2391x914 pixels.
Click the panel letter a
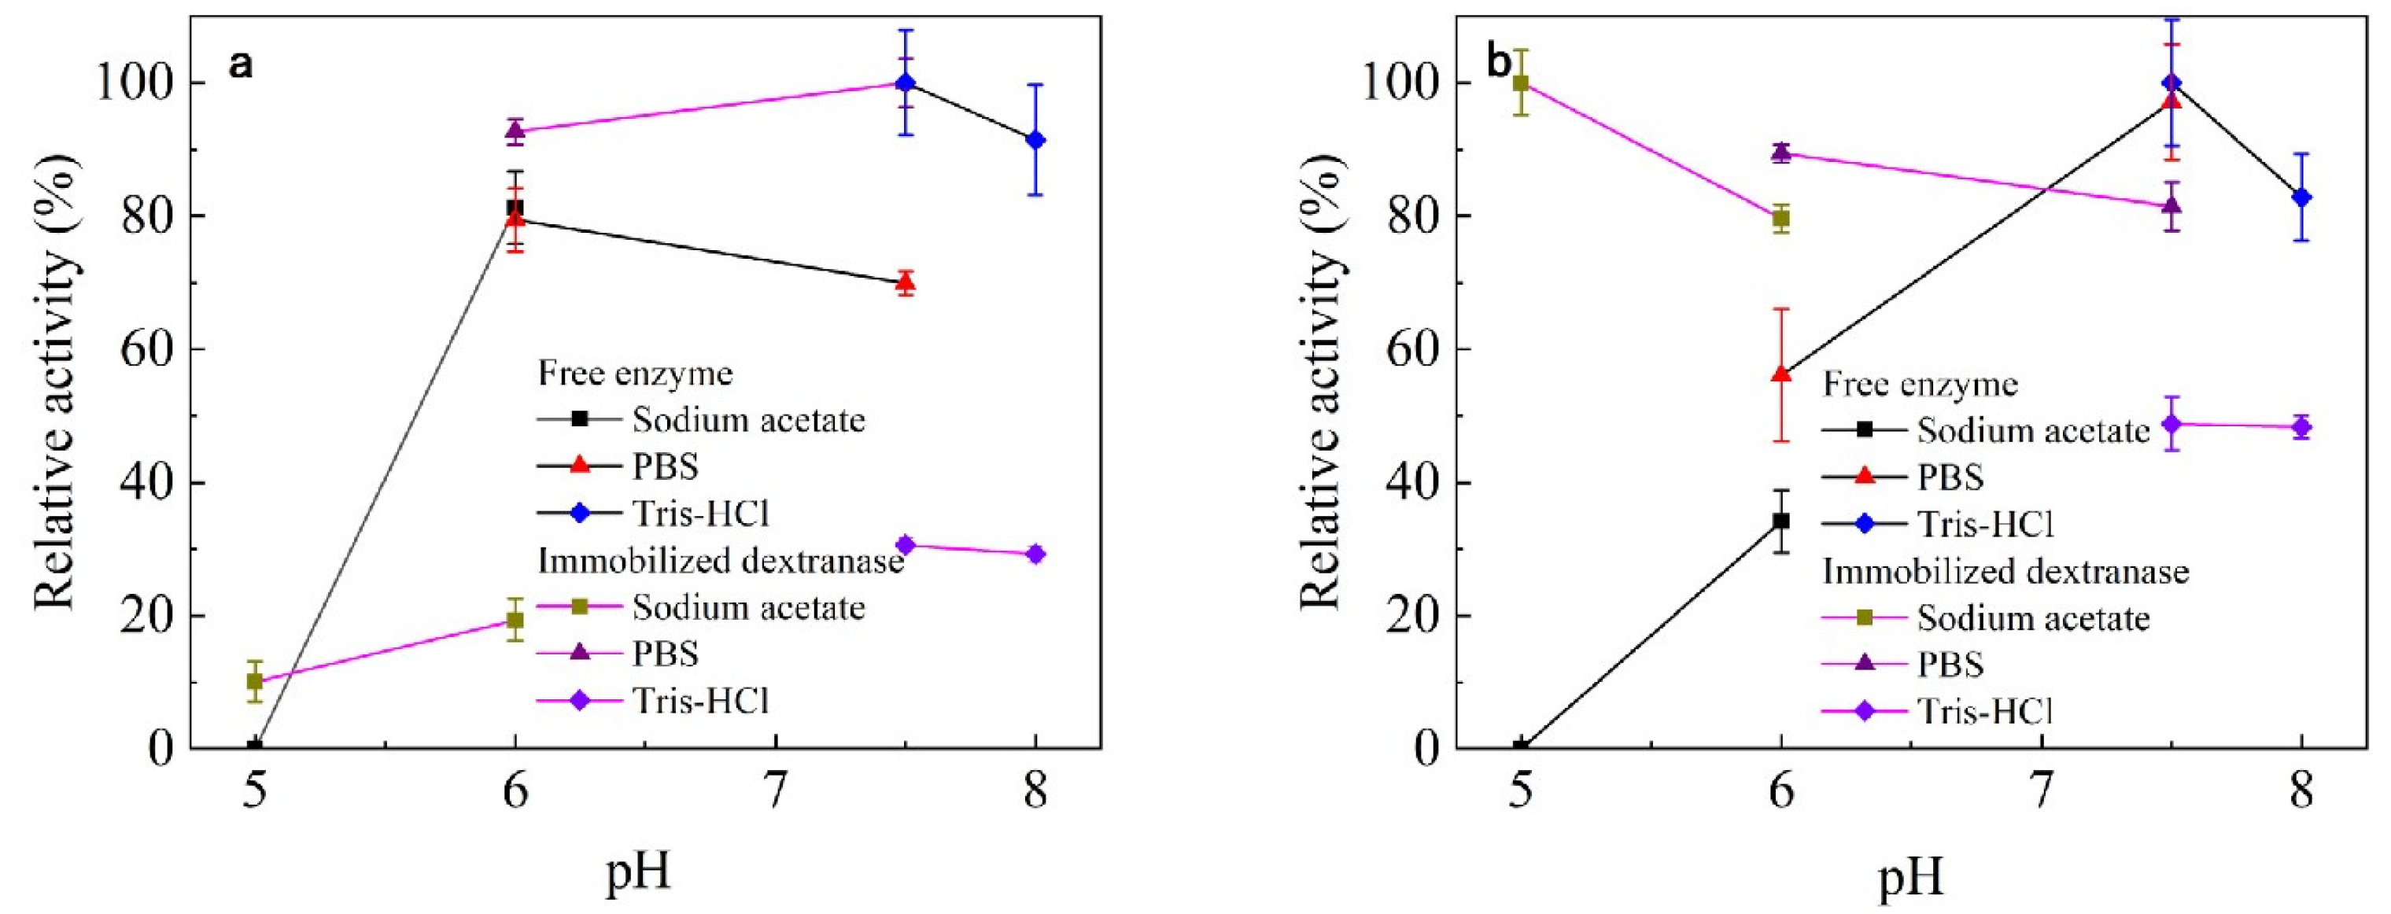[241, 66]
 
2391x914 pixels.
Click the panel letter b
[1498, 64]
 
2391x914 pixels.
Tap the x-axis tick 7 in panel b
[2040, 791]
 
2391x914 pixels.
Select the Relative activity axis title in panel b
[1321, 381]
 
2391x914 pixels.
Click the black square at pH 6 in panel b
[1781, 521]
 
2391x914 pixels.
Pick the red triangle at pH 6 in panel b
[1781, 373]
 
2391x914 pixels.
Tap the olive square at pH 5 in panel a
[254, 681]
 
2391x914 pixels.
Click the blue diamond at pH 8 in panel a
[1036, 140]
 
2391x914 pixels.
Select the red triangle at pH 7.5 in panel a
[906, 282]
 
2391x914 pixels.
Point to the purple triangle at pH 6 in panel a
[515, 132]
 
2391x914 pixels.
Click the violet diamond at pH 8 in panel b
[2301, 427]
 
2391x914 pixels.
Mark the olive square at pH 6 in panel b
[1781, 219]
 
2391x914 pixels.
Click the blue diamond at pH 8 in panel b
[2301, 197]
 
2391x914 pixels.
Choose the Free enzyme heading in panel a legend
[636, 373]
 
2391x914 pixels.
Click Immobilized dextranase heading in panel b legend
[2005, 571]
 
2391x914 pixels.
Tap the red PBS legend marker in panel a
[580, 465]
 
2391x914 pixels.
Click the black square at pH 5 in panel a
[254, 745]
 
